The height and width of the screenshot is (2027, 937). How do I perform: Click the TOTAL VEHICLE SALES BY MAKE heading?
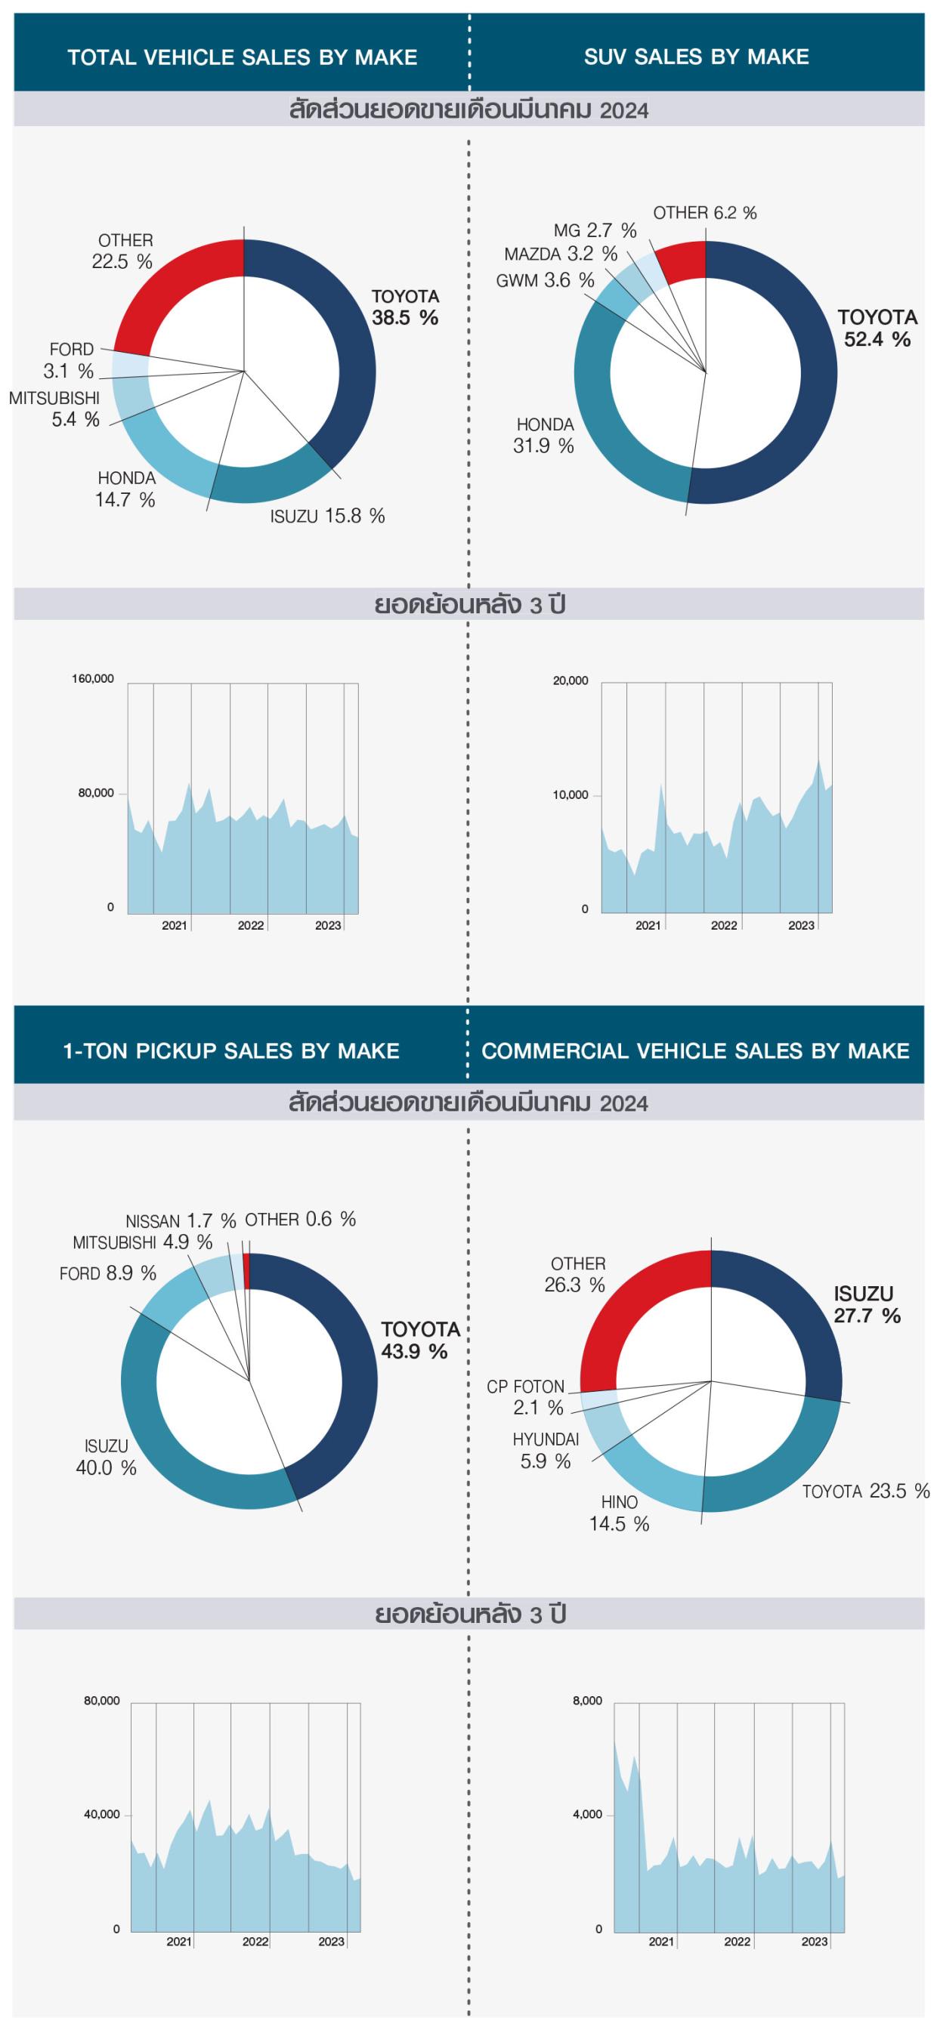242,57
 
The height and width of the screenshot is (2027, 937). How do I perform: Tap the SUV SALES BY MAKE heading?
696,57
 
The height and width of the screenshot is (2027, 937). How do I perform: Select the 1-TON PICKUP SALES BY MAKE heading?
230,1051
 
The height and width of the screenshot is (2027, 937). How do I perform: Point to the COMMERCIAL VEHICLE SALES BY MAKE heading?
695,1051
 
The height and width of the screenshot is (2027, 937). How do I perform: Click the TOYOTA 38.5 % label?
405,307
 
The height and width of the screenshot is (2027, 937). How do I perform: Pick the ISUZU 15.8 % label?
326,517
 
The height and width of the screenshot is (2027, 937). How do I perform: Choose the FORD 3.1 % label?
70,359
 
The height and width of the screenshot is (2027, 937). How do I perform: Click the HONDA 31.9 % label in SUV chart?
544,435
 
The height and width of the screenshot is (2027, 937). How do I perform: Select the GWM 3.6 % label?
545,280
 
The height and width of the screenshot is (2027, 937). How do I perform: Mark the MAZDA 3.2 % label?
561,255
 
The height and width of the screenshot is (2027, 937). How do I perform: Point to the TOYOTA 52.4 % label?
877,328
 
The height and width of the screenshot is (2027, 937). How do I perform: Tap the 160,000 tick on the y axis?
93,679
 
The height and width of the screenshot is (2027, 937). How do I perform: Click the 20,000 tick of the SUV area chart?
570,680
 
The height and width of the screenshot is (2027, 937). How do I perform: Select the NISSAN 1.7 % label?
181,1221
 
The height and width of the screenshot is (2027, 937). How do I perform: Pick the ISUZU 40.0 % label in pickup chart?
107,1457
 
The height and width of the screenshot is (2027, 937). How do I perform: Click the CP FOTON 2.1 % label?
526,1396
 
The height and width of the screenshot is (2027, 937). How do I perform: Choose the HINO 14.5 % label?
619,1513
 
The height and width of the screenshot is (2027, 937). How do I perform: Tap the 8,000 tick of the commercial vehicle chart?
587,1701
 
